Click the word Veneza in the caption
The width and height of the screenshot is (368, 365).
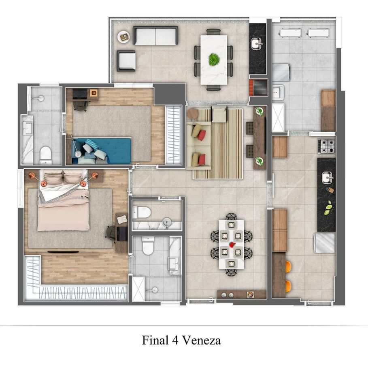pyautogui.click(x=201, y=340)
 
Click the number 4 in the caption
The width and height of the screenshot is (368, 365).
pyautogui.click(x=175, y=340)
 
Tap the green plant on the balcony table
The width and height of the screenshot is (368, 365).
pyautogui.click(x=214, y=59)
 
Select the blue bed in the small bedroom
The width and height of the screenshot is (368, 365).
pyautogui.click(x=101, y=151)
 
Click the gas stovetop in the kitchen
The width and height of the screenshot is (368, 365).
pyautogui.click(x=326, y=146)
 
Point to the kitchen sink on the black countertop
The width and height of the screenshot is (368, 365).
pyautogui.click(x=328, y=177)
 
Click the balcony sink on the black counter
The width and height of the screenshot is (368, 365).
pyautogui.click(x=257, y=44)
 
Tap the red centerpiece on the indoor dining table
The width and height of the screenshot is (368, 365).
pyautogui.click(x=232, y=245)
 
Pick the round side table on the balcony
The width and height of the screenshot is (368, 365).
pyautogui.click(x=123, y=37)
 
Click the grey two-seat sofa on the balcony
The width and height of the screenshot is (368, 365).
pyautogui.click(x=155, y=36)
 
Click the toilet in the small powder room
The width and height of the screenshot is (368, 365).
pyautogui.click(x=141, y=212)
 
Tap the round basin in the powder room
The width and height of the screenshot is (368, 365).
pyautogui.click(x=167, y=221)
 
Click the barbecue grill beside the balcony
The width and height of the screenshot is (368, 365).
pyautogui.click(x=259, y=88)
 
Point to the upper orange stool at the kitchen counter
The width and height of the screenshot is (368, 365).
pyautogui.click(x=288, y=267)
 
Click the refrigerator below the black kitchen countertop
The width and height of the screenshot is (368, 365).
pyautogui.click(x=324, y=243)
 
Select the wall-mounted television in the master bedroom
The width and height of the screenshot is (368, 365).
pyautogui.click(x=63, y=252)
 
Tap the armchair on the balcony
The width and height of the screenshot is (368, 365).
pyautogui.click(x=126, y=61)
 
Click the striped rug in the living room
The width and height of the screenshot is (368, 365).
pyautogui.click(x=218, y=144)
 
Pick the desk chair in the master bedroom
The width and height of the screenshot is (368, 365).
pyautogui.click(x=111, y=233)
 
